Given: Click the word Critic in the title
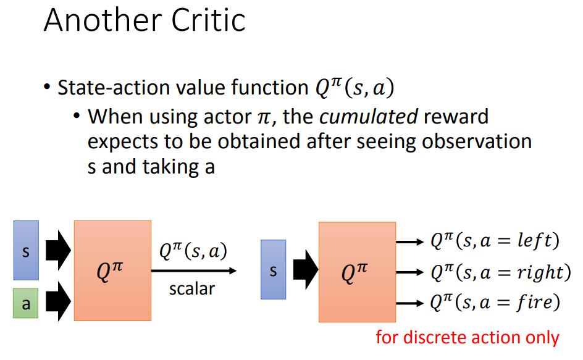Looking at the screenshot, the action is point(208,20).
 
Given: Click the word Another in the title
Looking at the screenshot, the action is point(103,20).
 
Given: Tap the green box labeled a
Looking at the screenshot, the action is point(26,303).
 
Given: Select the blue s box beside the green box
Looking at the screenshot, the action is point(26,250).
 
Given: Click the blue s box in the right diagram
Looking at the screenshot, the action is point(273,270).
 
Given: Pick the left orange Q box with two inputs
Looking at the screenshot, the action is point(112,270).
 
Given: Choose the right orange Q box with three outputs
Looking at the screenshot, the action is point(358,272).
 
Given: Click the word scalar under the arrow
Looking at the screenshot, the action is point(192,289).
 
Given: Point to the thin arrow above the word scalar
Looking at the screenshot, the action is point(194,270).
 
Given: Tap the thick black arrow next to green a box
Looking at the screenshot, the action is point(59,301).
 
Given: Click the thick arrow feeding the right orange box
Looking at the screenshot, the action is point(306,270).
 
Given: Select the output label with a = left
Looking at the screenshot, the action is point(495,241).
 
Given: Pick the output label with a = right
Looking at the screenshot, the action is point(500,272).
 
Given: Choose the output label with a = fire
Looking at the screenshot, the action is point(495,302).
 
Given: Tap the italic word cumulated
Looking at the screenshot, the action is point(369,117).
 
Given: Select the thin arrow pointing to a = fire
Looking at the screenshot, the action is point(409,303).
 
